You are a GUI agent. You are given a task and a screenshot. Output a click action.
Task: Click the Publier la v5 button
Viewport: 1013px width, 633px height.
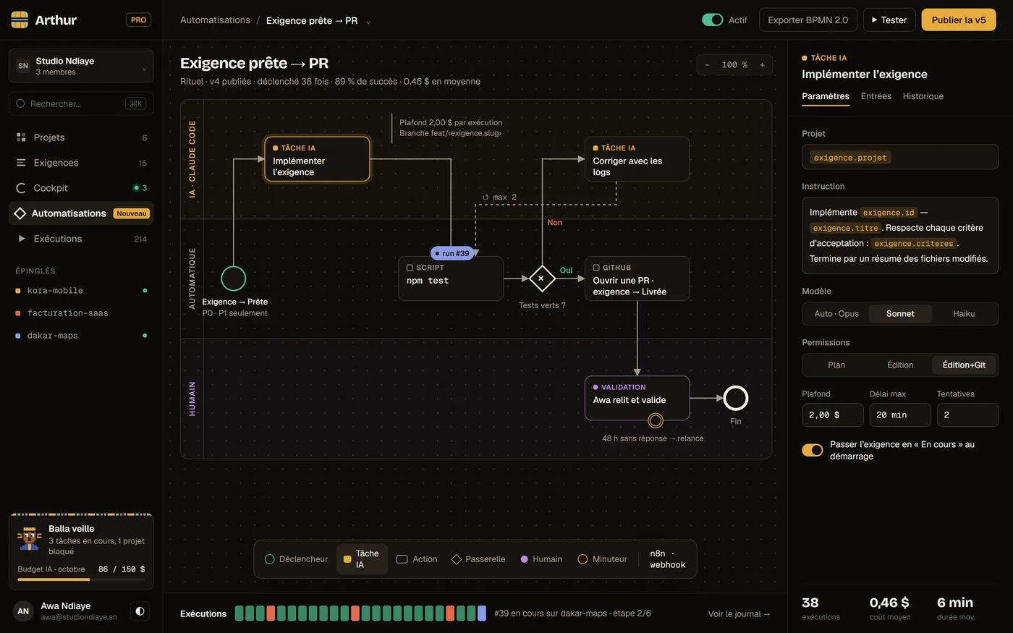click(958, 20)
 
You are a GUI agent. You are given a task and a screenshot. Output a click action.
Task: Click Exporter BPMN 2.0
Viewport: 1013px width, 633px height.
click(808, 20)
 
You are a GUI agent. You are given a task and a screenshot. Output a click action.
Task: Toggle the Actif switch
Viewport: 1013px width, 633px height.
click(712, 20)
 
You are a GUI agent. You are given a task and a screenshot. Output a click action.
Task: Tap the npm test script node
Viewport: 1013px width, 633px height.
click(450, 279)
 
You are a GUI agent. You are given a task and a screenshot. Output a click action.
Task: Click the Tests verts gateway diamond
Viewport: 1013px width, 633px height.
click(542, 279)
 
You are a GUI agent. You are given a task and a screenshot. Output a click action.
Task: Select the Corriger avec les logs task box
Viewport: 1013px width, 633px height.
click(637, 159)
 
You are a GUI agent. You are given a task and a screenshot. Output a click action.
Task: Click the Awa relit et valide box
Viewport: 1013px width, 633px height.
click(637, 398)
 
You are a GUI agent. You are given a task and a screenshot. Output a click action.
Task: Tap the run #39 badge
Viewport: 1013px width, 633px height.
click(452, 253)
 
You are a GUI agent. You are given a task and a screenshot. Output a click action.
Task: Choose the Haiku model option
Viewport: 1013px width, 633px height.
click(964, 313)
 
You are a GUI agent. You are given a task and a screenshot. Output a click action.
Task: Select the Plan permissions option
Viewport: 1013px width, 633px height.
click(836, 365)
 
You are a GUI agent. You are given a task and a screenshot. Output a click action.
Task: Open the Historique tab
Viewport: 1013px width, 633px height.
click(923, 96)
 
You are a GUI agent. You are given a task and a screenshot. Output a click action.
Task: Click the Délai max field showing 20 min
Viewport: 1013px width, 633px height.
click(900, 415)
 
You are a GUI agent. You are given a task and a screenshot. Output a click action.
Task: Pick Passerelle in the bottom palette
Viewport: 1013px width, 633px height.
click(478, 559)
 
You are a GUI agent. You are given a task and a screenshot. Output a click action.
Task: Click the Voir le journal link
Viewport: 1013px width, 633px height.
click(739, 613)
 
